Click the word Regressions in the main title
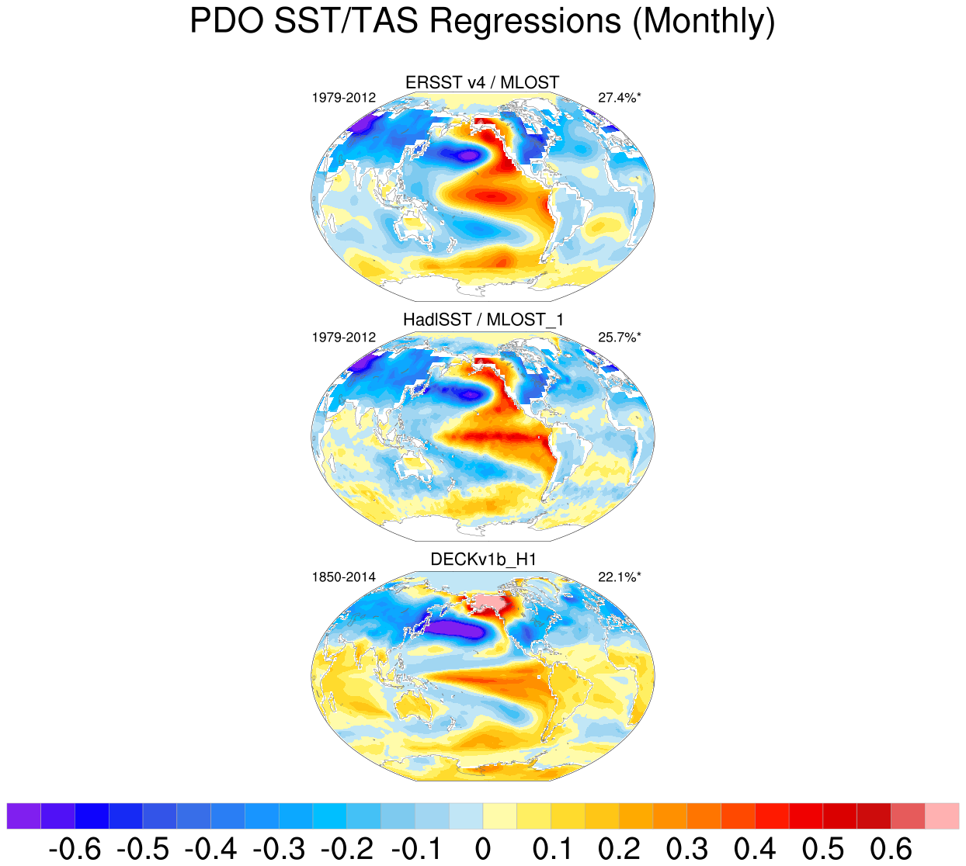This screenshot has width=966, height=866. [524, 21]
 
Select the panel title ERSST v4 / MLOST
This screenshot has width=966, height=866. [482, 82]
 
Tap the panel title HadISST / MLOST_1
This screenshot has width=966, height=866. [483, 320]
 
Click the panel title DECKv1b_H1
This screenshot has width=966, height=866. [483, 559]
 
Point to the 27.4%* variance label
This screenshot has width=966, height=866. [619, 98]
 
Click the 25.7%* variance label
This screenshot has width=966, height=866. [619, 338]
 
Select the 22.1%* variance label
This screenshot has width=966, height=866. [619, 577]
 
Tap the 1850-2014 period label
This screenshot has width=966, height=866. [343, 577]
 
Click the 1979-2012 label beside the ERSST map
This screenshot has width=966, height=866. [343, 98]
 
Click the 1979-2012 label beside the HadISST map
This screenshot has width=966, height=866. [343, 338]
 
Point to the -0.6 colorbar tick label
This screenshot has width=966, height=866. [75, 849]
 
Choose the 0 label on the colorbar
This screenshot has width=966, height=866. [483, 849]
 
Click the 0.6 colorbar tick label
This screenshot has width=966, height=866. [891, 849]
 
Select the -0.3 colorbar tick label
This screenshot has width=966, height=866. [279, 849]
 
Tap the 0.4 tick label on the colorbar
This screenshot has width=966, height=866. [755, 849]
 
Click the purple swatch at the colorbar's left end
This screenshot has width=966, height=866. [23, 816]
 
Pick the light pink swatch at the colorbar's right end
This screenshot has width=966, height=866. [942, 816]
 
